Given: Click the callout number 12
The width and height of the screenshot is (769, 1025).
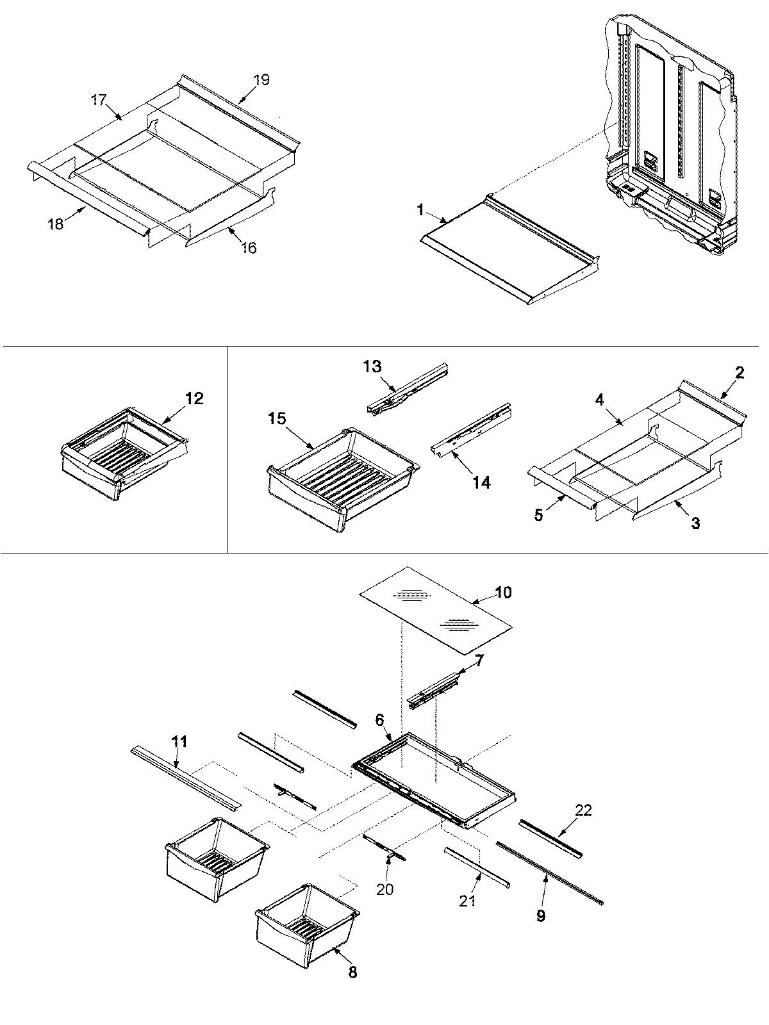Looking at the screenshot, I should click(194, 398).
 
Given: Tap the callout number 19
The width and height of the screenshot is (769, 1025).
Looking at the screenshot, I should click(261, 80).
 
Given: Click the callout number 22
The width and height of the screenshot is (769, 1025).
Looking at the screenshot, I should click(583, 810).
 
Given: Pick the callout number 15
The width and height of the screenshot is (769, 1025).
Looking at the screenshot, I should click(277, 418).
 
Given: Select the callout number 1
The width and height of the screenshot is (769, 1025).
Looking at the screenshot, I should click(420, 209).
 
